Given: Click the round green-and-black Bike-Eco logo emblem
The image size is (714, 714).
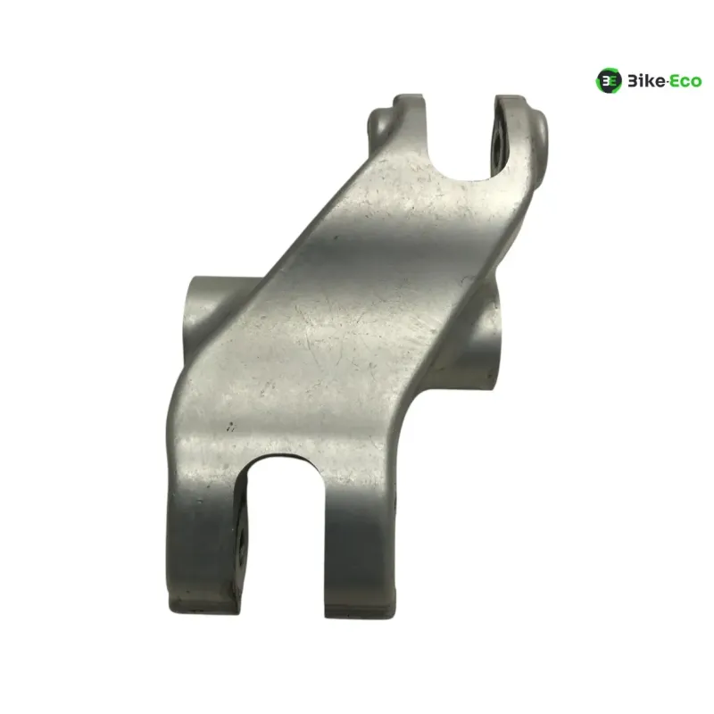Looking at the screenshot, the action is [609, 80].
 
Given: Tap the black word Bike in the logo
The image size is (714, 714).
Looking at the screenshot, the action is [646, 81].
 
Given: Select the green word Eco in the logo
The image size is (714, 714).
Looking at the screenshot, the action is [685, 81].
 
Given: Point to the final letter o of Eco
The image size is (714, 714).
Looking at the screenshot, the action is [696, 83].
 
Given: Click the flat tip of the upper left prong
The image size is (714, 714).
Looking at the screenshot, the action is [410, 96].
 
